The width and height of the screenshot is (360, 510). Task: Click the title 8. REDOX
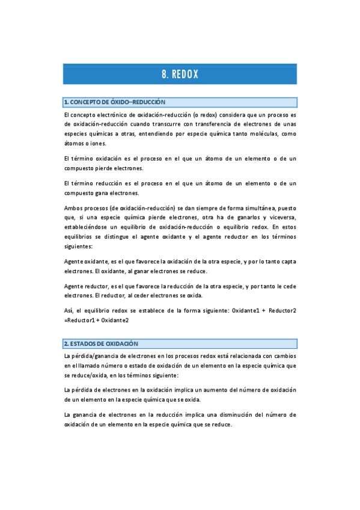(x=180, y=74)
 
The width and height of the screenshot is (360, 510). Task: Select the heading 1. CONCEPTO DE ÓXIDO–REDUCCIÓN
(x=115, y=102)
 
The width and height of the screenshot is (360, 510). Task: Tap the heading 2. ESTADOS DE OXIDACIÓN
(x=101, y=343)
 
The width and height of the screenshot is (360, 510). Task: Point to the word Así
(x=68, y=310)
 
